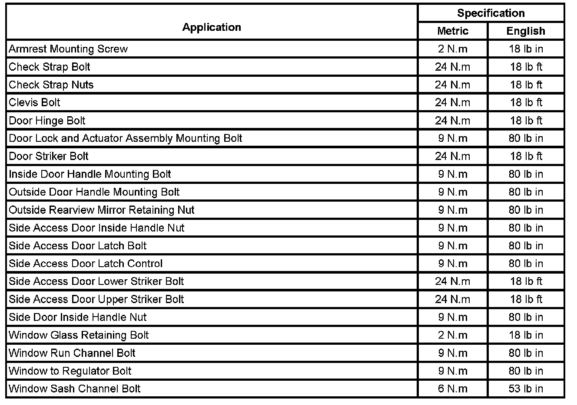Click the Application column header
tap(212, 27)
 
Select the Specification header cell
tap(491, 13)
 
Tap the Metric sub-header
tap(453, 31)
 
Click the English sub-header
tap(526, 31)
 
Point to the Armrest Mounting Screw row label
tap(68, 49)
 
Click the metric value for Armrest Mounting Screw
tap(453, 49)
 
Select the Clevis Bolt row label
tap(34, 103)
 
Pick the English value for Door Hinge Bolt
tap(526, 121)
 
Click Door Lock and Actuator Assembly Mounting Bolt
tap(125, 138)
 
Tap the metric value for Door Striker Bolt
tap(453, 156)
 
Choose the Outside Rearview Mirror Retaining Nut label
tap(102, 210)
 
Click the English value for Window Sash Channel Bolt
tap(526, 389)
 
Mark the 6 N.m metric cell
tap(453, 389)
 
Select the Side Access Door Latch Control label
tap(86, 264)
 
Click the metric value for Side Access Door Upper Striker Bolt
tap(453, 299)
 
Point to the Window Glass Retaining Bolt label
tap(79, 335)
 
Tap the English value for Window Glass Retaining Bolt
tap(526, 335)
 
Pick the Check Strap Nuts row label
tap(51, 85)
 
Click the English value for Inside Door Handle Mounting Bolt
tap(526, 174)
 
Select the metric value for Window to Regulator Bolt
tap(453, 371)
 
